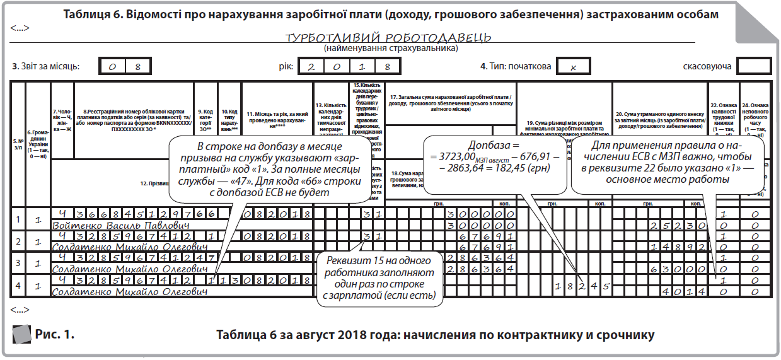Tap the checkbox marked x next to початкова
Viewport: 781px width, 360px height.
pyautogui.click(x=570, y=66)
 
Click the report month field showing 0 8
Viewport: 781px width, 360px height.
pyautogui.click(x=124, y=66)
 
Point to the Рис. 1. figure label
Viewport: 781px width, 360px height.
pyautogui.click(x=54, y=335)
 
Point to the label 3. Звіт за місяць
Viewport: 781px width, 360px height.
pyautogui.click(x=45, y=66)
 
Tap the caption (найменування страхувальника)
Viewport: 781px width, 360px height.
pyautogui.click(x=390, y=48)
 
